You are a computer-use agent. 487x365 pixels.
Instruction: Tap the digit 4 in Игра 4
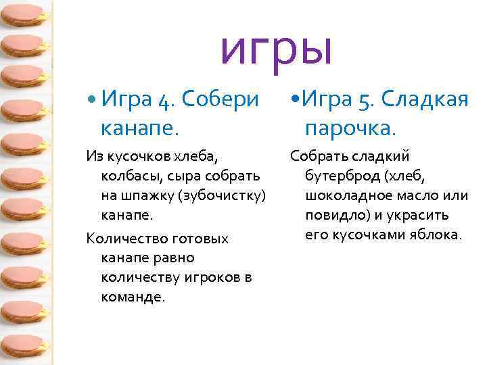tap(164, 100)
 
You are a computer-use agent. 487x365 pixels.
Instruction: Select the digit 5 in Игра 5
tap(366, 100)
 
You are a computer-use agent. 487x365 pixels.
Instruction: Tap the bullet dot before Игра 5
tap(294, 101)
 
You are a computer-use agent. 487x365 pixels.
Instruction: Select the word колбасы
tap(129, 176)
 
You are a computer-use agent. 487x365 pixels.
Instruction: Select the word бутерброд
tap(343, 176)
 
